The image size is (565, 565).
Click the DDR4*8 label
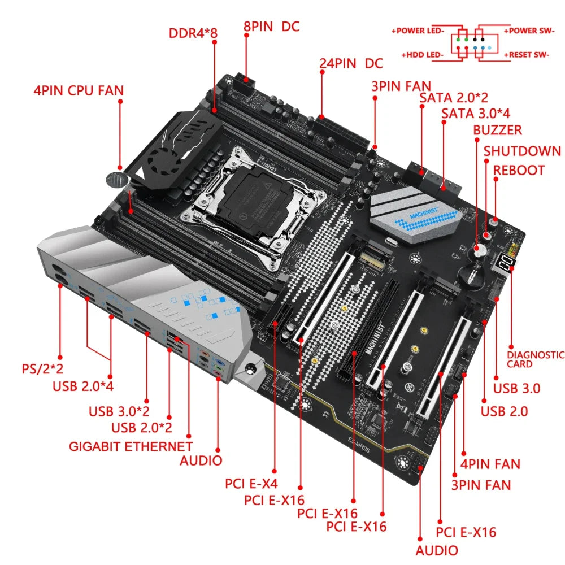(x=193, y=32)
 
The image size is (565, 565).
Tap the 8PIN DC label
(x=271, y=26)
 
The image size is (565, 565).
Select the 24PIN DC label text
(x=350, y=63)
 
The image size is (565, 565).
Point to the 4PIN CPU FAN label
(x=79, y=90)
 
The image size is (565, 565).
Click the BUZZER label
(x=497, y=130)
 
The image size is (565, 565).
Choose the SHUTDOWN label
(x=522, y=151)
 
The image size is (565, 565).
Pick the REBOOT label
(x=519, y=170)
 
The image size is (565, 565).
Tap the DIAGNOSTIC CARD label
(x=535, y=359)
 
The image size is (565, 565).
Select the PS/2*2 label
(x=42, y=369)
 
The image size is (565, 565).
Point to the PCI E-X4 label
(x=251, y=484)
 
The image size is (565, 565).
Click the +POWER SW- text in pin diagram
(x=529, y=30)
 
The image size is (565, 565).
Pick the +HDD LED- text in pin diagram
(x=422, y=55)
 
